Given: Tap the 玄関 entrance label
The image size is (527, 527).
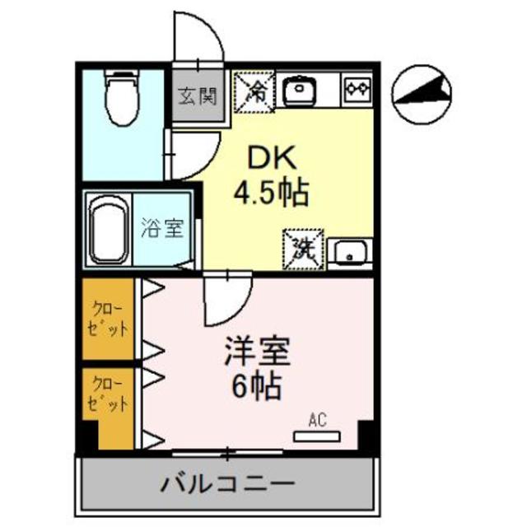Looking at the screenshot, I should coord(197,96).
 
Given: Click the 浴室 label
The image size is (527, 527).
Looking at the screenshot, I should coord(163,228).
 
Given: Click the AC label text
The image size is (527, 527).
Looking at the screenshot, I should coord(317,419).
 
